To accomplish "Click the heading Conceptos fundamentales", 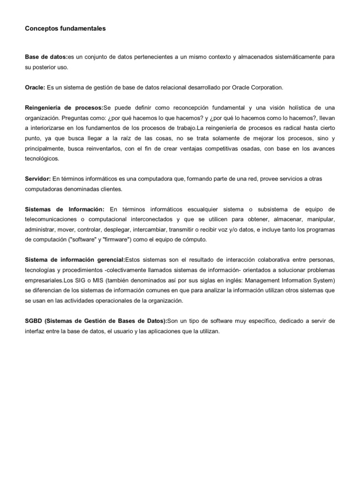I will coord(65,29).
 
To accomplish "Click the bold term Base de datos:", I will coord(46,57).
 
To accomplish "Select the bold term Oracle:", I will coord(35,87).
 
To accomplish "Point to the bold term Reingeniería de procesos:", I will coord(64,108).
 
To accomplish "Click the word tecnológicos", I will coord(42,159).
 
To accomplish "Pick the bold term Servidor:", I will coord(37,179).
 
